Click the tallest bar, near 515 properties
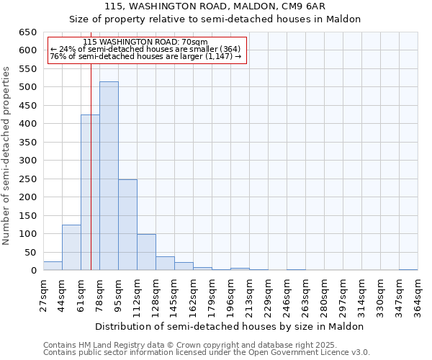pyautogui.click(x=109, y=176)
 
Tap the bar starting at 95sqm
pyautogui.click(x=127, y=225)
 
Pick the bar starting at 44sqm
pyautogui.click(x=71, y=248)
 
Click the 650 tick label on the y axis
pyautogui.click(x=27, y=32)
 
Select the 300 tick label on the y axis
pyautogui.click(x=27, y=161)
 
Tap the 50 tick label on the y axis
pyautogui.click(x=30, y=253)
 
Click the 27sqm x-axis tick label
pyautogui.click(x=44, y=294)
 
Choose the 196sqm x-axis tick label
pyautogui.click(x=231, y=294)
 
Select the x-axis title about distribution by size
pyautogui.click(x=230, y=326)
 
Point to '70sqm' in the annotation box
pyautogui.click(x=194, y=42)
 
